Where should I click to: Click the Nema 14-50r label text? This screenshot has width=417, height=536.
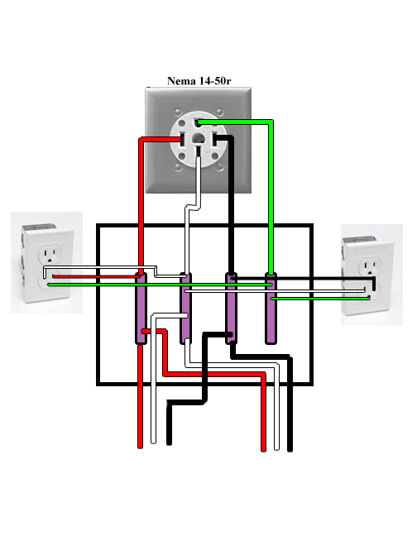click(x=199, y=81)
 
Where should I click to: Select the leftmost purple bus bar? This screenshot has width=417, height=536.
click(x=141, y=309)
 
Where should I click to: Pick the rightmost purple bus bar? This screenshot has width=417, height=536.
click(x=271, y=309)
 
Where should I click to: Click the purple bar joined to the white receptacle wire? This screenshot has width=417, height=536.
click(x=185, y=309)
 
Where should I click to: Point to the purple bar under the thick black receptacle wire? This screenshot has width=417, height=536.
click(x=231, y=309)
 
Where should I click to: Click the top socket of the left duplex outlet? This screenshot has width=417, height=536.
click(x=50, y=255)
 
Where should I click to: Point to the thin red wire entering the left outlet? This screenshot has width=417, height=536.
click(x=96, y=277)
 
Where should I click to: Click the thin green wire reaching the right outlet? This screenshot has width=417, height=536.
click(x=320, y=299)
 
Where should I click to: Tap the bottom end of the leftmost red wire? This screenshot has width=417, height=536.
click(x=140, y=447)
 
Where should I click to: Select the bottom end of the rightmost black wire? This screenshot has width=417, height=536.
click(x=290, y=450)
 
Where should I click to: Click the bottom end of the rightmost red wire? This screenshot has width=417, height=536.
click(x=263, y=450)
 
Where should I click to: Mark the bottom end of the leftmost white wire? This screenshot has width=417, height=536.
click(x=153, y=443)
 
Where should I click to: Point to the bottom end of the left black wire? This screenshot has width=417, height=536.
click(x=169, y=443)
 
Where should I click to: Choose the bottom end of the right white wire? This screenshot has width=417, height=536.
click(x=277, y=448)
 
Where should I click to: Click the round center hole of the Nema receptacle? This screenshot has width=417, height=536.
click(x=198, y=138)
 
